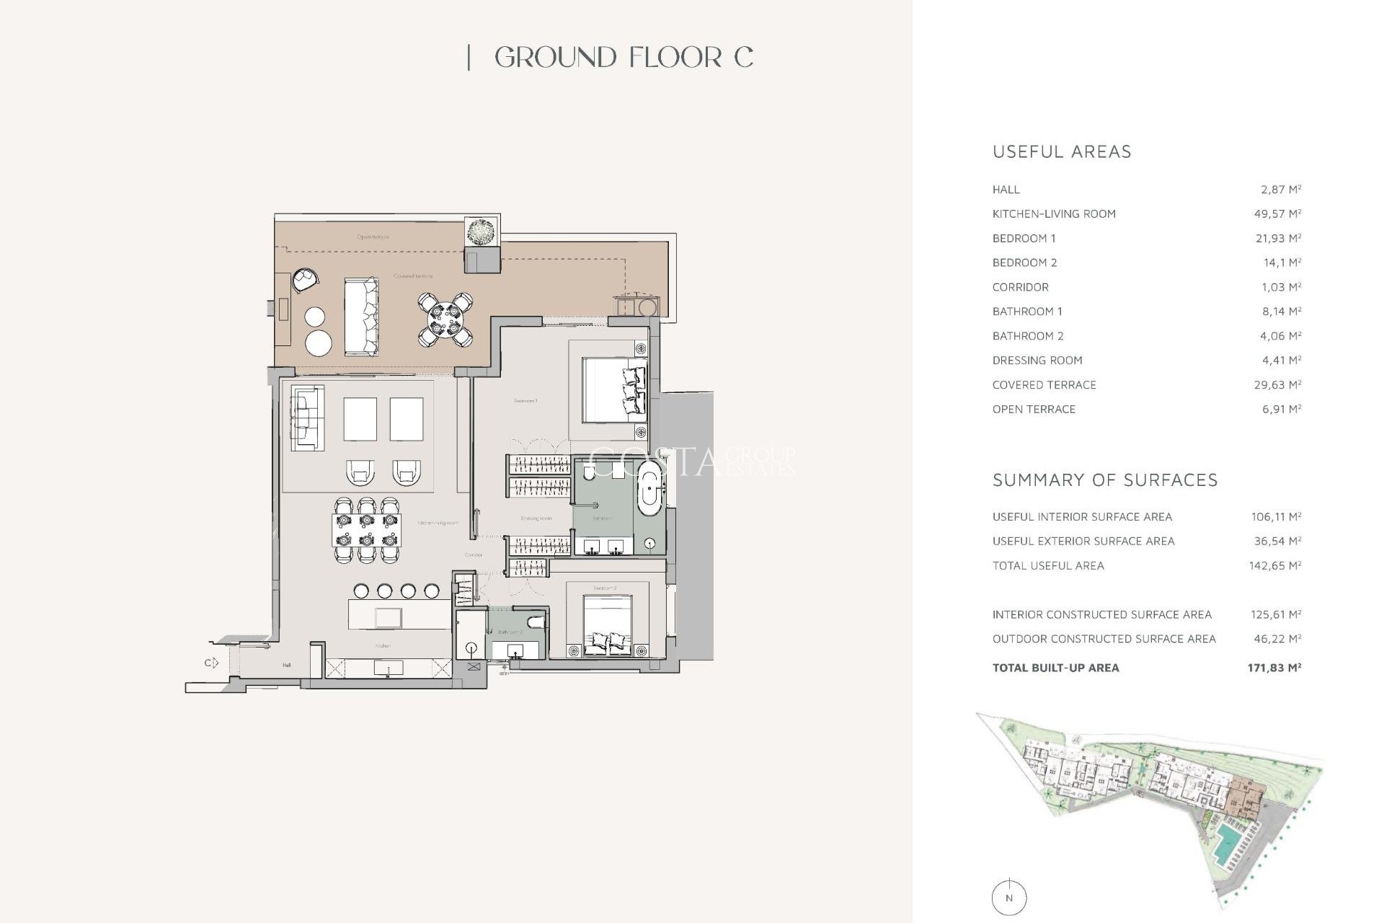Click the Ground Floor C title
pos(624,58)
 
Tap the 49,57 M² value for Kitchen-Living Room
pos(1277,213)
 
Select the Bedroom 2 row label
pos(1024,262)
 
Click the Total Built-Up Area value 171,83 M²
pos(1274,668)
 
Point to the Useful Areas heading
pos(1062,151)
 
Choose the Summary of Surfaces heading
pos(1104,480)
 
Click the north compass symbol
pos(1009,898)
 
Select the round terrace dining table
pos(445,319)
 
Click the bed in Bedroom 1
pos(613,389)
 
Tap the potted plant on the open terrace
pos(480,232)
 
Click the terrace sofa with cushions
pos(361,317)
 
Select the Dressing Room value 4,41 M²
pos(1281,360)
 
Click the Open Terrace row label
pos(1034,409)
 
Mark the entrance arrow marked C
pos(210,663)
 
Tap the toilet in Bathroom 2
pos(536,622)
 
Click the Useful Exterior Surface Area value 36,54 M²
pos(1276,541)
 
